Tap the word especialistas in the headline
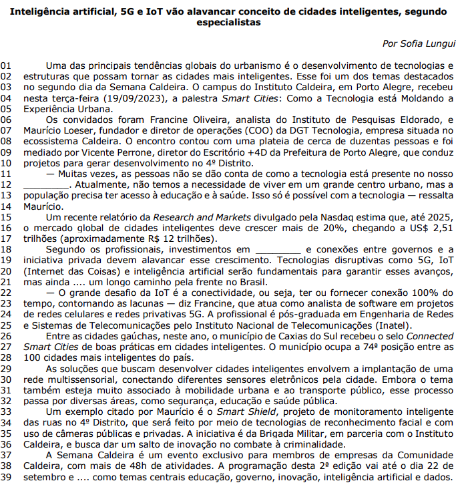tap(229, 22)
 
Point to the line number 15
tap(7, 217)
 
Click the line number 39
tap(7, 478)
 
